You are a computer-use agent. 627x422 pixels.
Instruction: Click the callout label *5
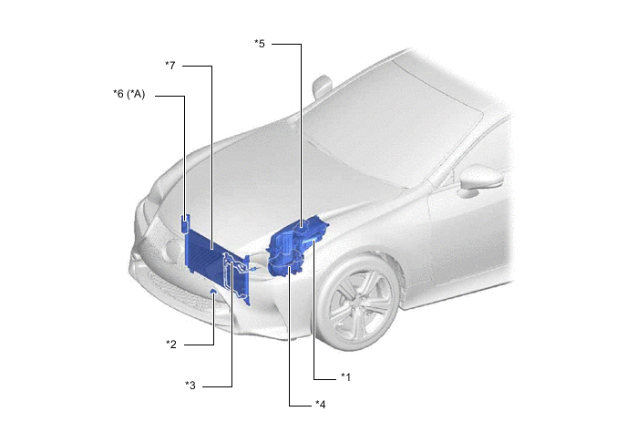click(x=260, y=44)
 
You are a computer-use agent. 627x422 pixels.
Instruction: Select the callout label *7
click(x=170, y=66)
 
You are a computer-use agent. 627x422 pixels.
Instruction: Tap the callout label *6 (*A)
click(x=129, y=95)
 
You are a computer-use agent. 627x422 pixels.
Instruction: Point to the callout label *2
click(x=171, y=344)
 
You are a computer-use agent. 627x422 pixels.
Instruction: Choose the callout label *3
click(x=190, y=386)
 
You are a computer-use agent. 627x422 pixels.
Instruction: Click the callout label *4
click(x=320, y=405)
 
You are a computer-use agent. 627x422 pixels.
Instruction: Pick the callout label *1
click(x=345, y=376)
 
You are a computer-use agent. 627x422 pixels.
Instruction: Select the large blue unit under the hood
click(x=297, y=245)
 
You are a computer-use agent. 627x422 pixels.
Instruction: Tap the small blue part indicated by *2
click(x=214, y=291)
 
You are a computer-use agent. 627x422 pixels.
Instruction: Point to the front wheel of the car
click(x=359, y=304)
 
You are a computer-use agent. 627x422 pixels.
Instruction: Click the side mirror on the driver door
click(x=480, y=180)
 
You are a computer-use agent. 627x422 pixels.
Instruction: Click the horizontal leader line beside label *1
click(x=325, y=379)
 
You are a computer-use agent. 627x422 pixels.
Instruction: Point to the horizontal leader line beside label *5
click(x=286, y=44)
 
